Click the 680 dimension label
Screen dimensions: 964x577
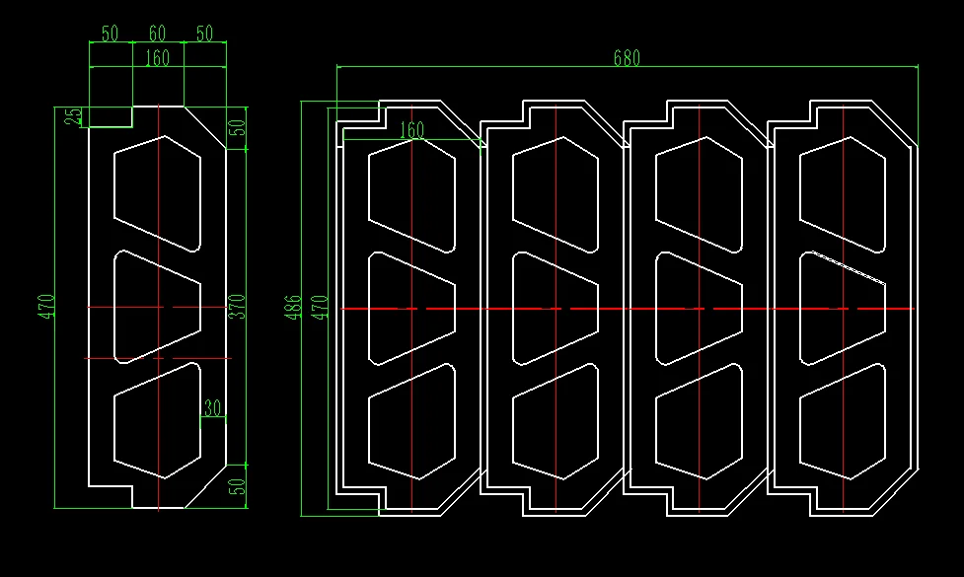coord(627,58)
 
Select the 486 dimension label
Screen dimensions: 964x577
coord(293,308)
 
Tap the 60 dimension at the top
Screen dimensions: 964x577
coord(158,34)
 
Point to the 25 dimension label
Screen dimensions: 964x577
coord(73,116)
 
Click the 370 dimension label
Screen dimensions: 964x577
coord(237,307)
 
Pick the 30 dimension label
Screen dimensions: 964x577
coord(213,407)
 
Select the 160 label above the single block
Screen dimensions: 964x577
coord(158,58)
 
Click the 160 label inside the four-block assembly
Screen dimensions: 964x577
coord(411,129)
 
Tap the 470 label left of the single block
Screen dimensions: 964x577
coord(46,307)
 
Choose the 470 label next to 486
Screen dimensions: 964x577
coord(319,308)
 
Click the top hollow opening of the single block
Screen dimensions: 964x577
coord(158,193)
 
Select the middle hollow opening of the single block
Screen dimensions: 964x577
coord(158,307)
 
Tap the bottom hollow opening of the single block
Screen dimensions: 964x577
coord(158,420)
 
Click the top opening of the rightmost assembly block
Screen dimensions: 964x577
coord(843,194)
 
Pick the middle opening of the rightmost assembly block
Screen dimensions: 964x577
coord(843,309)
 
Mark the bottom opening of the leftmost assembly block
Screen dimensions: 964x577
coord(411,421)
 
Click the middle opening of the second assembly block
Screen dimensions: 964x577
coord(556,309)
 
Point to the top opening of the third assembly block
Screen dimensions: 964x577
coord(699,194)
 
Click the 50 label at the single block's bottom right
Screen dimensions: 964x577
coord(237,486)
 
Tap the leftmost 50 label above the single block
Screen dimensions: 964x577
coord(111,34)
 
